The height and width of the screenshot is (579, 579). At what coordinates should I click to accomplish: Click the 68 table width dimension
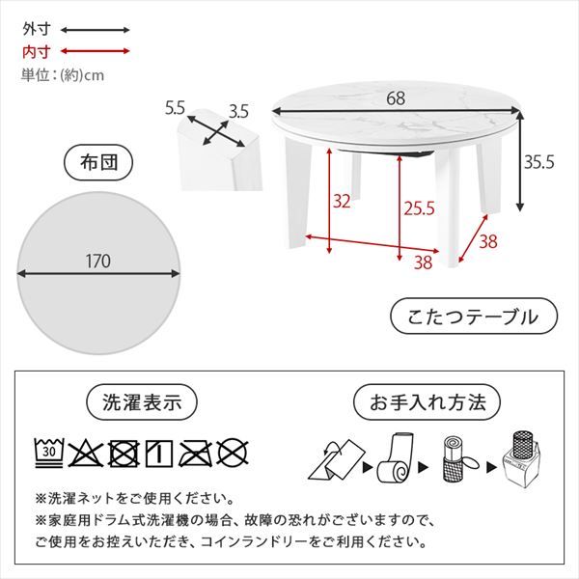(396, 98)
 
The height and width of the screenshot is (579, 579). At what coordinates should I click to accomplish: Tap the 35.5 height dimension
(539, 162)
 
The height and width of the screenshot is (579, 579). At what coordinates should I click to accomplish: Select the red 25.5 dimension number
(419, 208)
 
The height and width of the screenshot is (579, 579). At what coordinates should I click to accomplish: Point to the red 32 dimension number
(342, 202)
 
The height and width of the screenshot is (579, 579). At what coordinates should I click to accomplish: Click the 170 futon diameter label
(98, 262)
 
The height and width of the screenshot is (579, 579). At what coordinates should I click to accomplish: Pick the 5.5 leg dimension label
(175, 108)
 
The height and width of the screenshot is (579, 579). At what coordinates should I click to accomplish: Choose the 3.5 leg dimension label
(238, 112)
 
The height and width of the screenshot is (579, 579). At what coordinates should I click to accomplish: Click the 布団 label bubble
(98, 162)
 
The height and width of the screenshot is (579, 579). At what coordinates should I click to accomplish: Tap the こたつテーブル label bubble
(474, 317)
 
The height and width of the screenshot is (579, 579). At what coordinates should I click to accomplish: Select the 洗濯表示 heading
(142, 402)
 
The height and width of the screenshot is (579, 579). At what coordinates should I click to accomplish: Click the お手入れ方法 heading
(427, 402)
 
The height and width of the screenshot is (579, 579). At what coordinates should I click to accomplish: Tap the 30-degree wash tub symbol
(49, 454)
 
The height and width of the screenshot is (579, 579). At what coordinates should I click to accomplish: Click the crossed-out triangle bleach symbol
(86, 454)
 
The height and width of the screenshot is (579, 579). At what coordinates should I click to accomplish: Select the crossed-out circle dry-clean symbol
(233, 454)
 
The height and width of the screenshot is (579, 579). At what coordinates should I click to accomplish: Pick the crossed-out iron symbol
(195, 454)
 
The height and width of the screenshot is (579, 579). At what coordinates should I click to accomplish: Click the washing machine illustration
(521, 460)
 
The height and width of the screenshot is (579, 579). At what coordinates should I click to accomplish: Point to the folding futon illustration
(336, 459)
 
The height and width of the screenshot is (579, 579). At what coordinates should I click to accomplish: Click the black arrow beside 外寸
(96, 30)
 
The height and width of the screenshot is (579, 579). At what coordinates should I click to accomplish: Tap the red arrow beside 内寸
(96, 51)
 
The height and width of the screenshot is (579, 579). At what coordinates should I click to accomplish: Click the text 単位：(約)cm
(63, 75)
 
